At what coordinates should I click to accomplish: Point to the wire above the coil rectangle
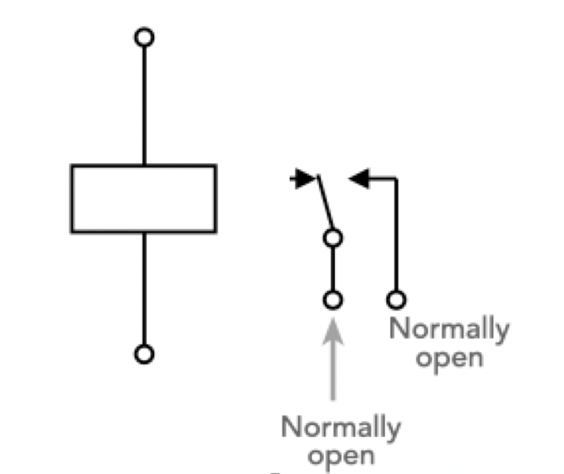(x=144, y=105)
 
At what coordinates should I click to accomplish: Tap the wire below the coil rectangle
(x=144, y=289)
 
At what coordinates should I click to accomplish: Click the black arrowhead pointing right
(x=305, y=178)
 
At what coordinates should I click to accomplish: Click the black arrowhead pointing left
(x=359, y=178)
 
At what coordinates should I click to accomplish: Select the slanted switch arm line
(x=326, y=202)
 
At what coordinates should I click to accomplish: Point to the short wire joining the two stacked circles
(x=333, y=269)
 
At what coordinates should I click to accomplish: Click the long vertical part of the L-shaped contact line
(x=396, y=234)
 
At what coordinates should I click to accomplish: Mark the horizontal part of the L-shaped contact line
(x=383, y=178)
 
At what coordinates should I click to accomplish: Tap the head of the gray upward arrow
(x=333, y=331)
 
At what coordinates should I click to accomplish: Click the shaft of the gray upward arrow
(x=333, y=372)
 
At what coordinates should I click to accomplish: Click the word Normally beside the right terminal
(x=449, y=330)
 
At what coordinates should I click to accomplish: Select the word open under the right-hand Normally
(x=449, y=359)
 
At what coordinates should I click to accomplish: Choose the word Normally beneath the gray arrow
(x=341, y=428)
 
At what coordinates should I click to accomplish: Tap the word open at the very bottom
(x=341, y=457)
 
